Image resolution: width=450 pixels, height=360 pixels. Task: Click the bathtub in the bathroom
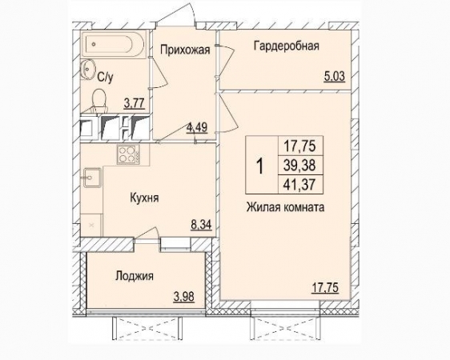coord(114,45)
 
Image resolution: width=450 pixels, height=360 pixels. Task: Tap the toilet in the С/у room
coord(99,100)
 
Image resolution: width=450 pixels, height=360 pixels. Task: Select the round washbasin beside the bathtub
coord(87,69)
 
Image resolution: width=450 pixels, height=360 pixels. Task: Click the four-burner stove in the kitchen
coord(128,154)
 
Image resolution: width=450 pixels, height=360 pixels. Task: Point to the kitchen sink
coord(92,178)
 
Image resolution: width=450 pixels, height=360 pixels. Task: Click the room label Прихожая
coord(185,50)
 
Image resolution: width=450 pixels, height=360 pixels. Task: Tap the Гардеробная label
coord(287,46)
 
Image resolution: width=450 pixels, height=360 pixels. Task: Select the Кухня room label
coord(144,198)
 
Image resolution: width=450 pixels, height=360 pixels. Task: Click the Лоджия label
coord(135,276)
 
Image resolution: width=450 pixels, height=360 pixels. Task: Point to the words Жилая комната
coord(286,207)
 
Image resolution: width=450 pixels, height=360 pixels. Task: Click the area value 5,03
coord(335,77)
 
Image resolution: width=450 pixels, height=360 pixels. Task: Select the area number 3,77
coord(134,103)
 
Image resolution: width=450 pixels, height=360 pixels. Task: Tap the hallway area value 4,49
coord(197,127)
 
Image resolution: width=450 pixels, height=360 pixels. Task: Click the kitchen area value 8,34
coord(201,225)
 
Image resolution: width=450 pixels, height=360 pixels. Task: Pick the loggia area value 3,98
coord(184,297)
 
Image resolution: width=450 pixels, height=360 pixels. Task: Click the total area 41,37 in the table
coord(299,184)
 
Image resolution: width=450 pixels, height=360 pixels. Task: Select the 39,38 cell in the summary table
coord(299,165)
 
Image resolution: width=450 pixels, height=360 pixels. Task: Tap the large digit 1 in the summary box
coord(260,166)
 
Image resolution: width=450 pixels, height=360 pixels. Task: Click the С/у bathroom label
coord(106,78)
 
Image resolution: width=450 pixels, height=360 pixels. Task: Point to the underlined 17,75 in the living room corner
coord(325,287)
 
